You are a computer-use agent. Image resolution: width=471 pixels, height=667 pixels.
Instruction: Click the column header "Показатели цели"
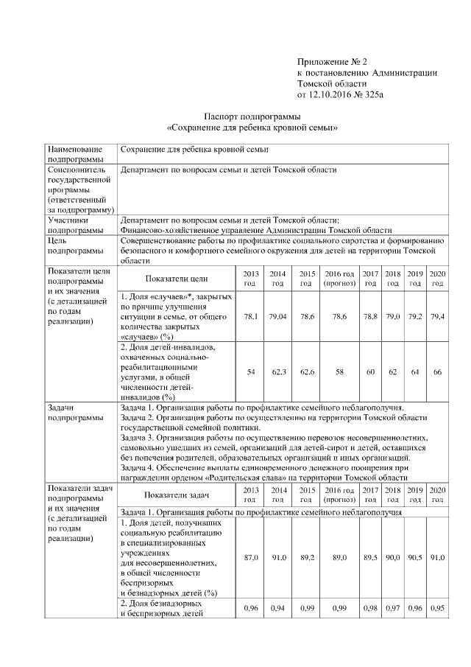(x=177, y=279)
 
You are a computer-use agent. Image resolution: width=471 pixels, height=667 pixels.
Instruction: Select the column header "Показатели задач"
(x=177, y=495)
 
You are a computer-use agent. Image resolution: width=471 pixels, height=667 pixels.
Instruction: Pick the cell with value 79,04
(x=277, y=315)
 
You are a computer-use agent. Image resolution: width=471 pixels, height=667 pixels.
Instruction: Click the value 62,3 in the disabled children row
(x=277, y=372)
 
